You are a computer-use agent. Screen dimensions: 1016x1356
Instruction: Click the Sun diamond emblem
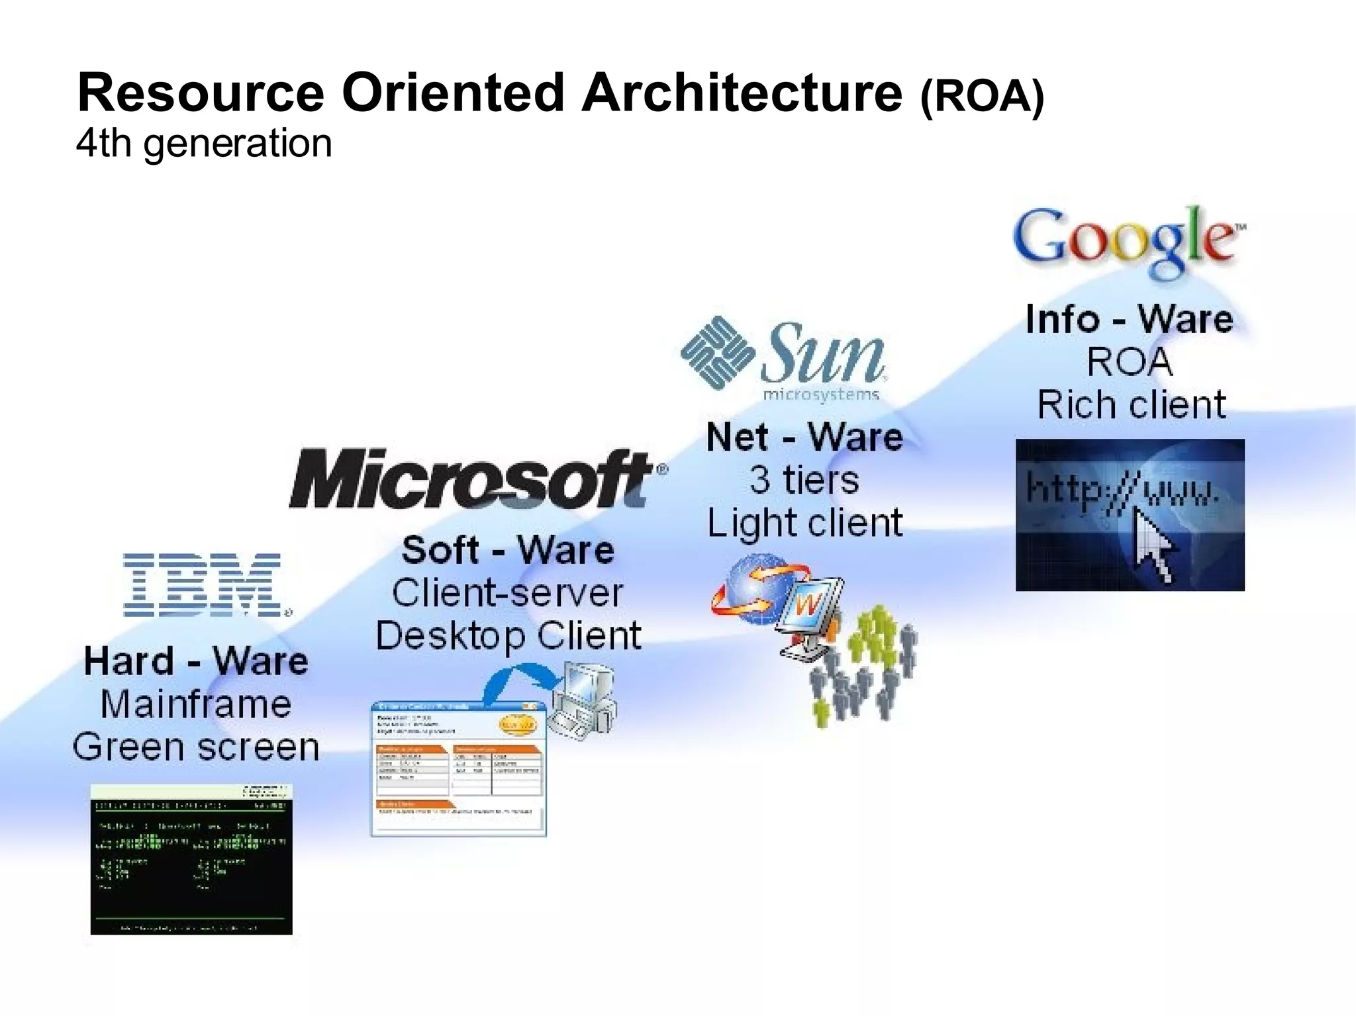[717, 352]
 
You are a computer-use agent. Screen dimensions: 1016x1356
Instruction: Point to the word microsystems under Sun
[821, 395]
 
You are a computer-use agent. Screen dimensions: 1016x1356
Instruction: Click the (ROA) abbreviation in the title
[982, 97]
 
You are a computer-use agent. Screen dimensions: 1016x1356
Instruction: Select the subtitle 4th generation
[204, 143]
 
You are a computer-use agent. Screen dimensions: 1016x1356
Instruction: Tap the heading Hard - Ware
[196, 661]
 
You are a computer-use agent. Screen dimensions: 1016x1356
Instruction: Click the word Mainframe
[196, 704]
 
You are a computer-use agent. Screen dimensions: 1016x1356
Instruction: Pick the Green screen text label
[196, 747]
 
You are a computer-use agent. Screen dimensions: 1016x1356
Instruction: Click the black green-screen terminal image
[191, 859]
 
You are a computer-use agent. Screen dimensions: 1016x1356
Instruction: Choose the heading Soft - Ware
[508, 550]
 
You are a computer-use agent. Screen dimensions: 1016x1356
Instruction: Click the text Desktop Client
[508, 636]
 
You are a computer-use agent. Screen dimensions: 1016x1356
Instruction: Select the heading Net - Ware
[804, 438]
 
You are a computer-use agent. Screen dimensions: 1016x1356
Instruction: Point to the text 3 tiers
[804, 480]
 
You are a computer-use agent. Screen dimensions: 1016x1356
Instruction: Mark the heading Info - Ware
[1130, 319]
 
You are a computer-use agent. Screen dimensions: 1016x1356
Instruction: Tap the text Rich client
[1131, 404]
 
